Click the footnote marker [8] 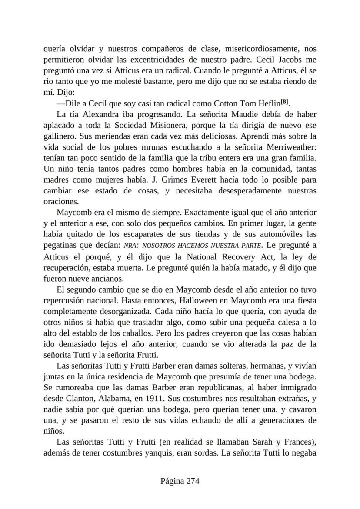[284, 102]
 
